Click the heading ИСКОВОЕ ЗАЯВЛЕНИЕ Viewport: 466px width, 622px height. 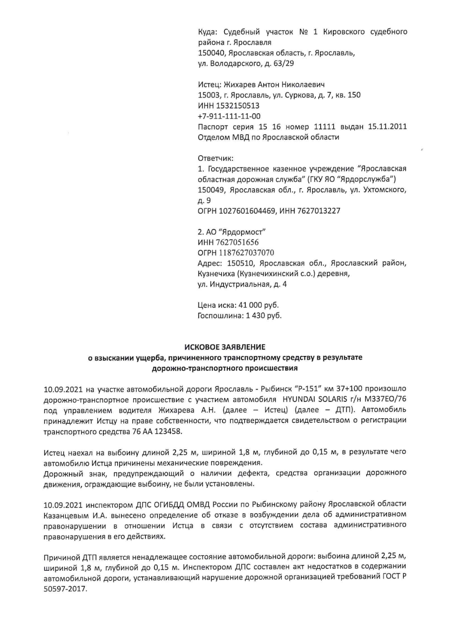click(225, 347)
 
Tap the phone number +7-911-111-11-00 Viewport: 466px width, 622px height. click(229, 116)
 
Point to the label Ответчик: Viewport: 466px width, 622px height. click(216, 158)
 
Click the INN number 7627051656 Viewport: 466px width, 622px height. click(237, 242)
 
